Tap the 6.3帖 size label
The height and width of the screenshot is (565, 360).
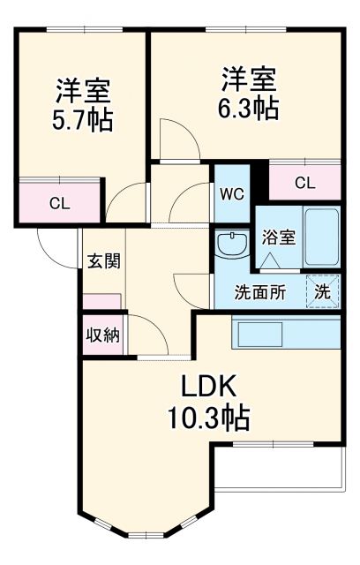249,108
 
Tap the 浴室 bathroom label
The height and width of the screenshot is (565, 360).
278,237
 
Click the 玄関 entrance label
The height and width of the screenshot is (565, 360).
103,261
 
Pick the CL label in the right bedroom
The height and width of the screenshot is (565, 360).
304,184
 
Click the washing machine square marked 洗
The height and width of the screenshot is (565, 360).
323,291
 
